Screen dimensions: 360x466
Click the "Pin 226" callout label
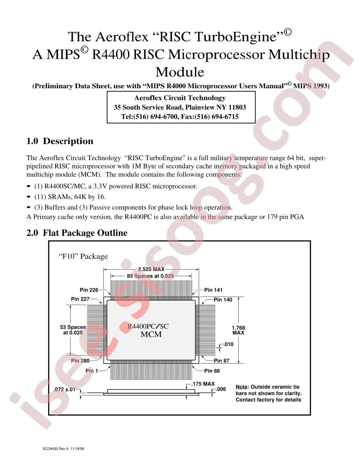point(89,290)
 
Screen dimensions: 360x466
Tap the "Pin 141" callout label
point(213,290)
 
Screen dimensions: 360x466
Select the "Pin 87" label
point(221,361)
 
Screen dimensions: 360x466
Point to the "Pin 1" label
point(91,371)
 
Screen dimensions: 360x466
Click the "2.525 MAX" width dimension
point(151,269)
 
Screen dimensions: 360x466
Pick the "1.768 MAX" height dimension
point(238,330)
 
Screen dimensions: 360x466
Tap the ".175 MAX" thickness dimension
point(203,383)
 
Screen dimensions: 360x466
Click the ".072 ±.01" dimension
point(64,389)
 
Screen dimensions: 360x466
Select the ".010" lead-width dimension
point(229,344)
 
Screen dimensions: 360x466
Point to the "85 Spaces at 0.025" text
point(150,276)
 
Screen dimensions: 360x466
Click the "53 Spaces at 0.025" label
point(73,330)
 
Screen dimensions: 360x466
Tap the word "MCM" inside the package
point(151,334)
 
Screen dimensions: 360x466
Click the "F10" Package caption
point(83,256)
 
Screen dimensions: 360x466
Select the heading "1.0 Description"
point(60,141)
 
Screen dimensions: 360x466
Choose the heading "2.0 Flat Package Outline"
point(77,233)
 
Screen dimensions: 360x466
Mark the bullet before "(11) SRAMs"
point(29,197)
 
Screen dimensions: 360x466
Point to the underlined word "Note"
point(241,387)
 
